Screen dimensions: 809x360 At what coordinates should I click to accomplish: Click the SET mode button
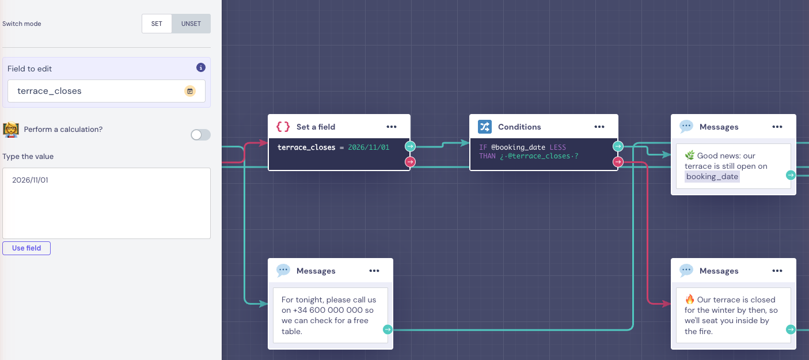coord(157,24)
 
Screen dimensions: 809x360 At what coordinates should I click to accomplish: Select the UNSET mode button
coord(191,24)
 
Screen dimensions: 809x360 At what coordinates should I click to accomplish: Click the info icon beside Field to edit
coord(201,67)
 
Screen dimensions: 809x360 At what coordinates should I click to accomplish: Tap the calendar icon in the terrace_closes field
coord(190,91)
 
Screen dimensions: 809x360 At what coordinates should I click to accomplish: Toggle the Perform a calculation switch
coord(200,135)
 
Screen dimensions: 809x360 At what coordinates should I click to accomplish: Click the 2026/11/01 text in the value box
coord(30,180)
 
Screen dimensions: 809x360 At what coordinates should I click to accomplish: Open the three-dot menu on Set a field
coord(392,127)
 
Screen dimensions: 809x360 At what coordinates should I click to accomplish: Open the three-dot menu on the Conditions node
coord(599,127)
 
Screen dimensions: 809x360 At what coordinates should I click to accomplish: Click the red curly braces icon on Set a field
coord(283,127)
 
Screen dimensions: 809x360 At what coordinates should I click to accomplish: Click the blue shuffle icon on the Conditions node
coord(485,127)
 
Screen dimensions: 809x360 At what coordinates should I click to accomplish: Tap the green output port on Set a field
coord(410,146)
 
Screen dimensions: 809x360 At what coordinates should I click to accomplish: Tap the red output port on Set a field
coord(410,162)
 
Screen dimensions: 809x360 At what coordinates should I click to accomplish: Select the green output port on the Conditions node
coord(618,146)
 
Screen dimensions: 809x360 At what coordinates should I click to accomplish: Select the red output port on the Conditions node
coord(618,162)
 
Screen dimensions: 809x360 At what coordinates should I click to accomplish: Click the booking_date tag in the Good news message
coord(712,176)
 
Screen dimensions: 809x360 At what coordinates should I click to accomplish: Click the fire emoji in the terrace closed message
coord(689,300)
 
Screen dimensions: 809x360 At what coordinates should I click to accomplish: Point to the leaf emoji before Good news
coord(689,156)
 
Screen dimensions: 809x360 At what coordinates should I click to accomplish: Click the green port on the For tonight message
coord(388,329)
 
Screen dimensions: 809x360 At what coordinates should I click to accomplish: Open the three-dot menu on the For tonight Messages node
coord(374,271)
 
